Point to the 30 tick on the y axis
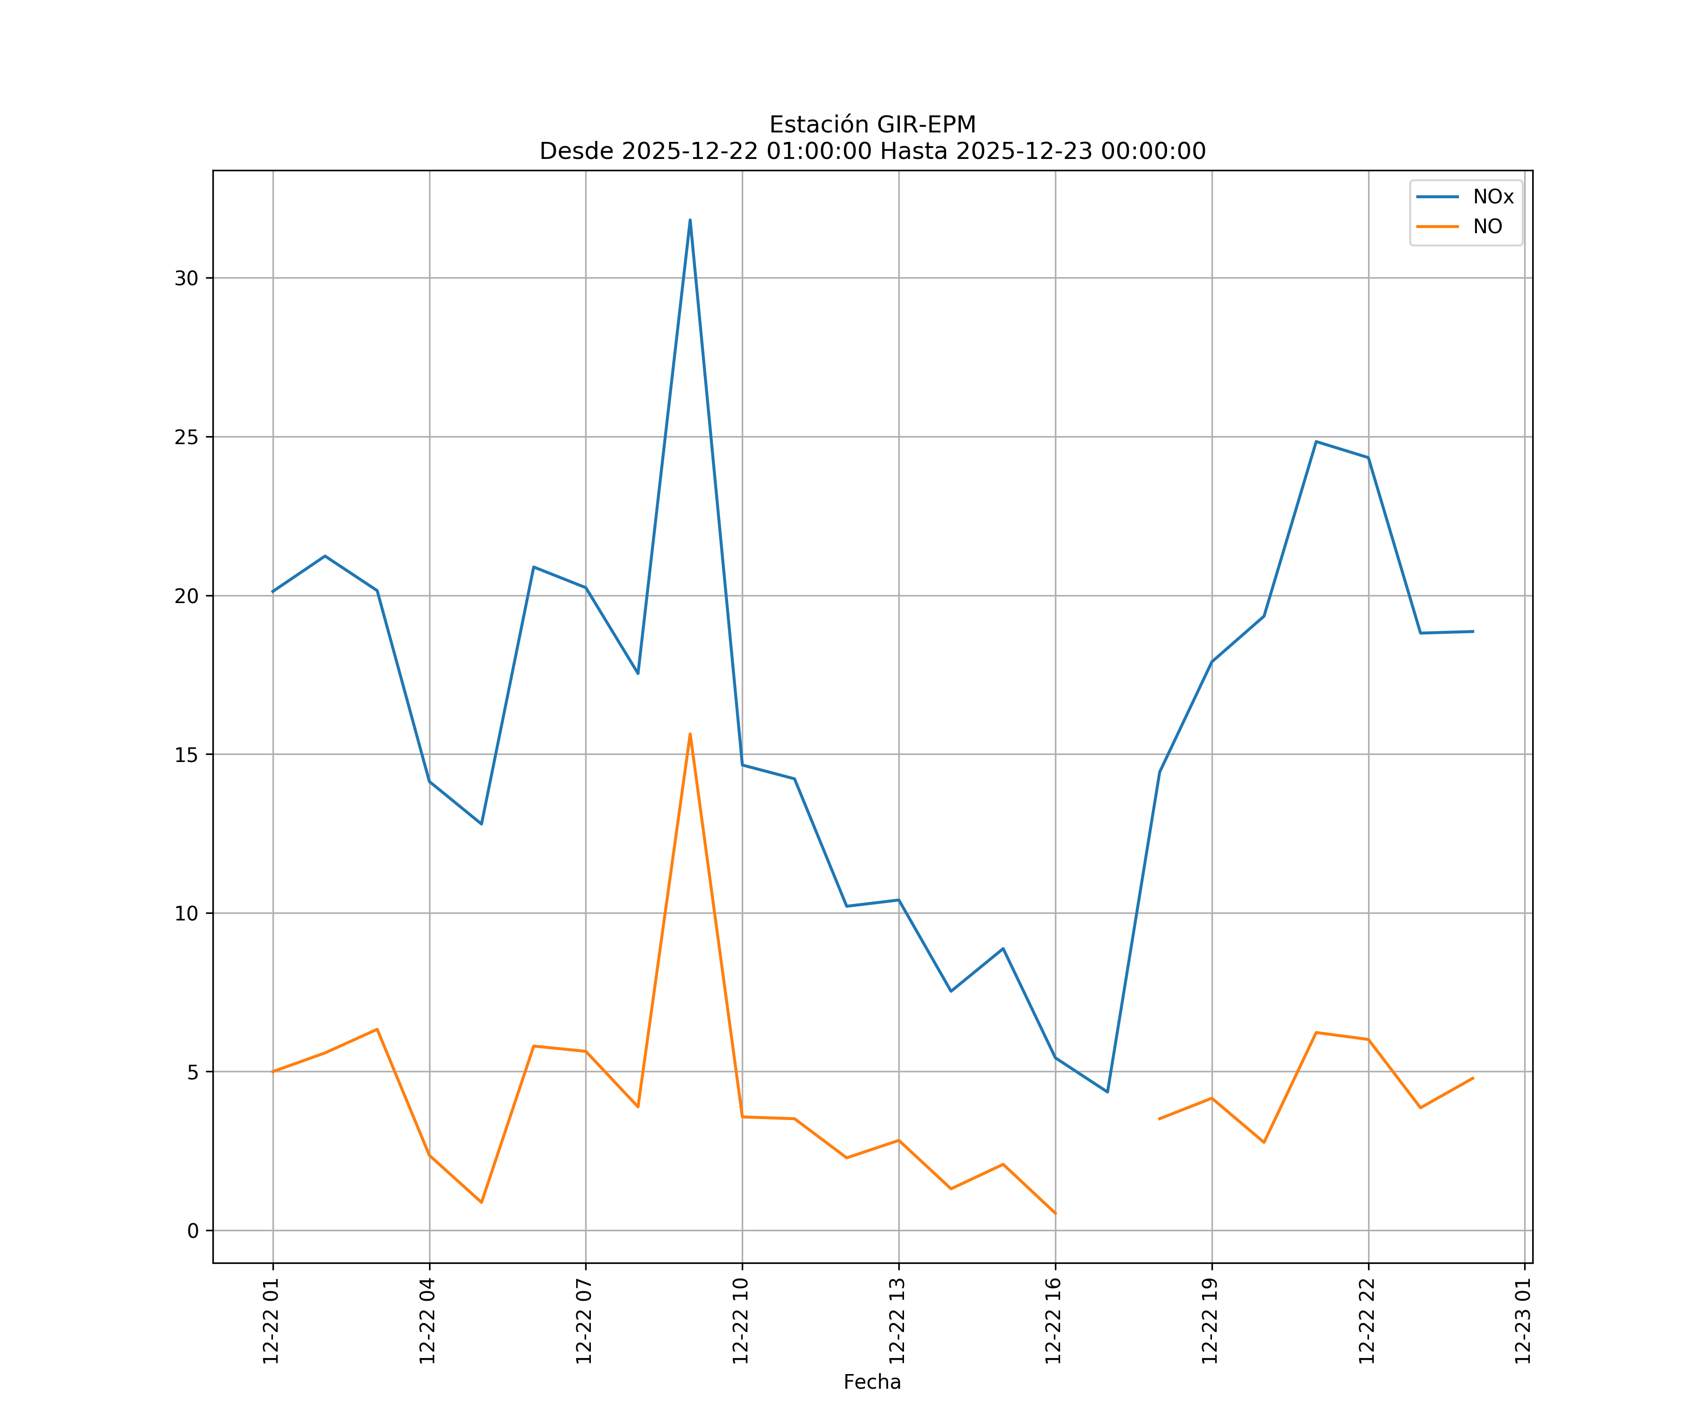point(186,278)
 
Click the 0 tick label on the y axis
point(193,1231)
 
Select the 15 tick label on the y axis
point(186,755)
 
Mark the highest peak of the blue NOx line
point(690,220)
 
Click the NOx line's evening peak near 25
point(1316,442)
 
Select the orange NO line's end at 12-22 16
point(1055,1214)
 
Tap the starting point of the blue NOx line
point(273,592)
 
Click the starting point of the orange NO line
point(273,1071)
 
